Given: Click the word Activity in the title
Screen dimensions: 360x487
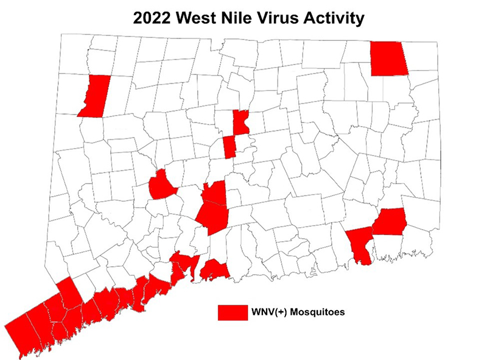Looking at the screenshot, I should [335, 18].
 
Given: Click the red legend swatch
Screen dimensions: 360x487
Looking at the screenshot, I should [232, 312].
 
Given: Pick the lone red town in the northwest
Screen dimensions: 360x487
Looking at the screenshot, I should [94, 96].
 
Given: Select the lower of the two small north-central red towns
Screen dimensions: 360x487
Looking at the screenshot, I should [229, 147].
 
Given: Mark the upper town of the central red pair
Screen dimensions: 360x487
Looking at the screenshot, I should [214, 194].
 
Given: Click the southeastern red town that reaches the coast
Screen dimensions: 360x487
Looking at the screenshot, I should [359, 242].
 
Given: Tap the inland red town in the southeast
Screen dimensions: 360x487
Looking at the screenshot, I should [390, 221].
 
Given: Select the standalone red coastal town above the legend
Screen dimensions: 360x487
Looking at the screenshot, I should [214, 268].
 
